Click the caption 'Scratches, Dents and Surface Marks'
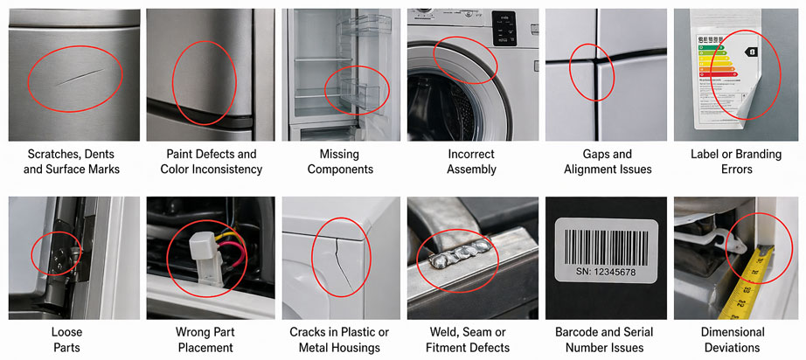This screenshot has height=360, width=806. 73,162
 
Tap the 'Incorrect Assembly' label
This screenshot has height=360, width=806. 471,162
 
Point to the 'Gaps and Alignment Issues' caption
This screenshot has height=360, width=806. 608,162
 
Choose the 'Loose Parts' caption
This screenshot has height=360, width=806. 73,340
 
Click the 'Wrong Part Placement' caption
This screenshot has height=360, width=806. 205,340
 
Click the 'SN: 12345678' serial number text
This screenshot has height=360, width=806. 607,272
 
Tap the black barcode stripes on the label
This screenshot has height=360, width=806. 607,242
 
